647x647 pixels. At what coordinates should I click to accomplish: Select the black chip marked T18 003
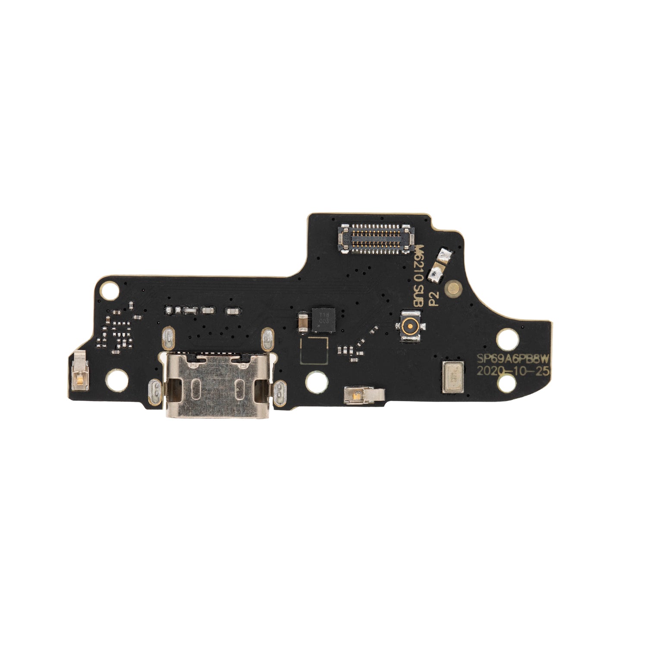[x=323, y=320]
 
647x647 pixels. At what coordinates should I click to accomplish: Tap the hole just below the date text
[x=506, y=382]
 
